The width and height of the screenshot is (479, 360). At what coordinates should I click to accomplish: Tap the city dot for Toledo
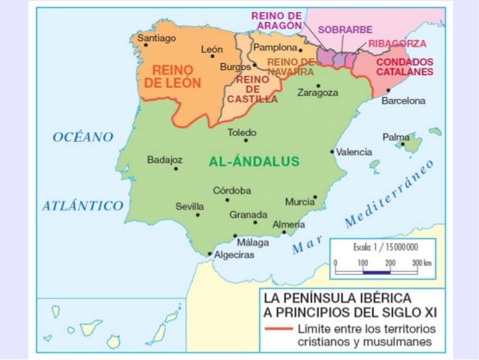click(245, 141)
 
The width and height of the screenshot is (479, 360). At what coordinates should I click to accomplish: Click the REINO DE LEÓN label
click(172, 77)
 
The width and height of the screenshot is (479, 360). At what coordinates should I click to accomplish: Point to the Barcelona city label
click(403, 100)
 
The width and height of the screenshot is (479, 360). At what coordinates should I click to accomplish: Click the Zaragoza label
click(318, 93)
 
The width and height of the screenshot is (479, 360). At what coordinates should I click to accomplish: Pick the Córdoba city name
click(232, 190)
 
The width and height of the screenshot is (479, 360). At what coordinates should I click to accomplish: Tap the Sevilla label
click(189, 205)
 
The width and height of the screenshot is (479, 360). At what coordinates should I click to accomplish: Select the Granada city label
click(248, 214)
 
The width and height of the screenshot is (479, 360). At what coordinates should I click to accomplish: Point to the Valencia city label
click(354, 152)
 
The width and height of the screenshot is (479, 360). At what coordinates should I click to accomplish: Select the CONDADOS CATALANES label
click(405, 67)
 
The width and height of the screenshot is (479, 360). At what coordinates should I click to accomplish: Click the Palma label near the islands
click(396, 138)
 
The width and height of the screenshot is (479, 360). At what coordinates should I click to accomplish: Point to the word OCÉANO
click(83, 136)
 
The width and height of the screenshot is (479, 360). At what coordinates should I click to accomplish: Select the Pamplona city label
click(276, 47)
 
